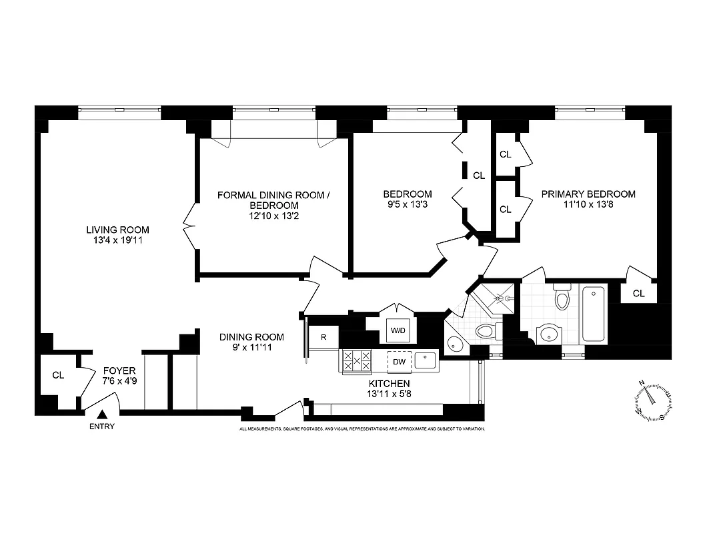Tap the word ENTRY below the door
pos(101,427)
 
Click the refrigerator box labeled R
pos(323,337)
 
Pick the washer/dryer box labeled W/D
pos(398,330)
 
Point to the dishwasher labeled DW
pos(399,361)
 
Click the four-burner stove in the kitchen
pos(356,361)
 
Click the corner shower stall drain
pos(508,298)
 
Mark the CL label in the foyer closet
pos(58,375)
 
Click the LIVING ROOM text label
pos(117,230)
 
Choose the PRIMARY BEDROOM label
pos(588,194)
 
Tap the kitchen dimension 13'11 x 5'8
pos(390,394)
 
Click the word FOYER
pos(119,370)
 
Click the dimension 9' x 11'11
pos(251,347)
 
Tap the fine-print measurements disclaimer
pos(362,429)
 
